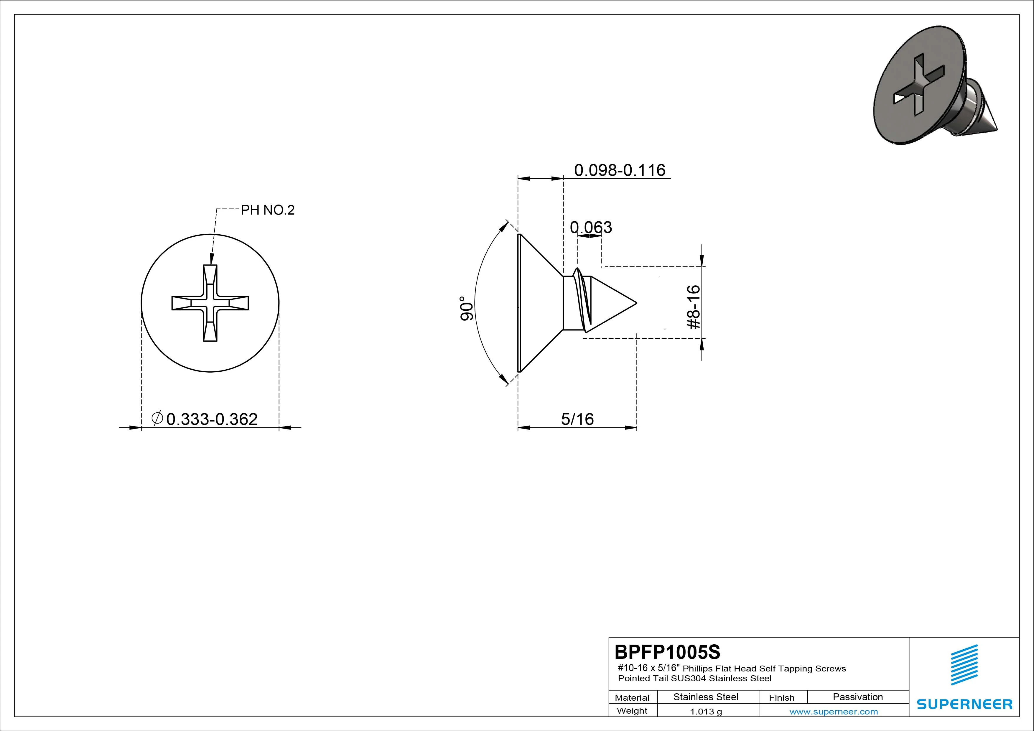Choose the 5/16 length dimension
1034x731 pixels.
(x=577, y=419)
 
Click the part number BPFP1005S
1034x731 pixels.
(x=667, y=652)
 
